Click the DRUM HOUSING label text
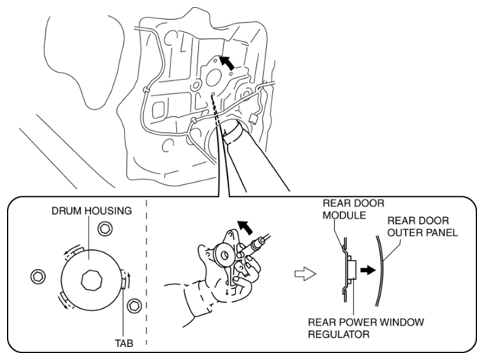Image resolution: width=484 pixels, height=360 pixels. click(92, 211)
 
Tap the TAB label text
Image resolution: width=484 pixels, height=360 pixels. click(124, 343)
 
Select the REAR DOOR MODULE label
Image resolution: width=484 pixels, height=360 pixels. click(353, 209)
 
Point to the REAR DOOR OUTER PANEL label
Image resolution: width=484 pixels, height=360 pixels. click(422, 226)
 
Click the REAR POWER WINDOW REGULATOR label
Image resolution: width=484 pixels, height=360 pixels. click(365, 328)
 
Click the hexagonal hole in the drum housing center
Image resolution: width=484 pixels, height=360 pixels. click(91, 280)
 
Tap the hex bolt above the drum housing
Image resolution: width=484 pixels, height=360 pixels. click(105, 229)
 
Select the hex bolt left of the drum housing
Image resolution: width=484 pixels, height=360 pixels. click(38, 276)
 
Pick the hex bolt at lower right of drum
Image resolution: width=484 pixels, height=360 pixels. click(135, 306)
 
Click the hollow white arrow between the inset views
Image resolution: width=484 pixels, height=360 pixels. click(305, 274)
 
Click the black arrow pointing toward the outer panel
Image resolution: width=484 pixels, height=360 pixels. click(368, 271)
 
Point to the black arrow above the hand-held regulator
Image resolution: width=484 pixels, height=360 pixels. click(245, 228)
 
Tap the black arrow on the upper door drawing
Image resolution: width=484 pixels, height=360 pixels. click(226, 63)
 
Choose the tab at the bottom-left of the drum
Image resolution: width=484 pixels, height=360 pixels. click(66, 299)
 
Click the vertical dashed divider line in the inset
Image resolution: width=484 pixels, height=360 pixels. click(146, 271)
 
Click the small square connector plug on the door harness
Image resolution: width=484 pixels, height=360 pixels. click(254, 118)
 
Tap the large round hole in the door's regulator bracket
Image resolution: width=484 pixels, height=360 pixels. click(213, 78)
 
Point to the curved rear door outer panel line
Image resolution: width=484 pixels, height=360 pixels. click(381, 271)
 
